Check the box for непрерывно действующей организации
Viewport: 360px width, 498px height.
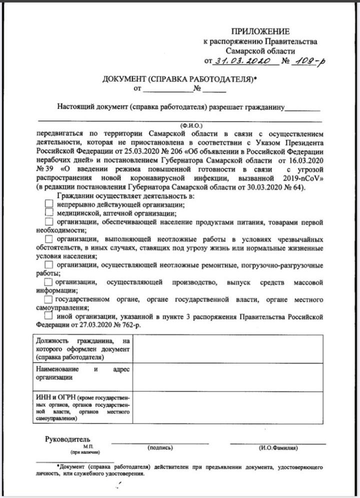[x=48, y=204]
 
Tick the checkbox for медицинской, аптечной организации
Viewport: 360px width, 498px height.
[x=48, y=213]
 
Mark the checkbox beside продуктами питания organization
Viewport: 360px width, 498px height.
[x=48, y=221]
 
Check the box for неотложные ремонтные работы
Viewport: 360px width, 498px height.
[x=48, y=264]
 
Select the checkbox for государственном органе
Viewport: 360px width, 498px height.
[x=48, y=299]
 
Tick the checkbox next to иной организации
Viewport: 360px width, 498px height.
[x=48, y=316]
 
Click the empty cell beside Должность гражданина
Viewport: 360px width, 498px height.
[x=227, y=349]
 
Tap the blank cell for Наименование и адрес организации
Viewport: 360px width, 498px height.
[x=227, y=377]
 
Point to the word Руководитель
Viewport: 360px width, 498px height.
[x=67, y=438]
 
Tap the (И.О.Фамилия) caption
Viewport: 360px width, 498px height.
[x=278, y=447]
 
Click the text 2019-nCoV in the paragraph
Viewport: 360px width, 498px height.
[x=305, y=177]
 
